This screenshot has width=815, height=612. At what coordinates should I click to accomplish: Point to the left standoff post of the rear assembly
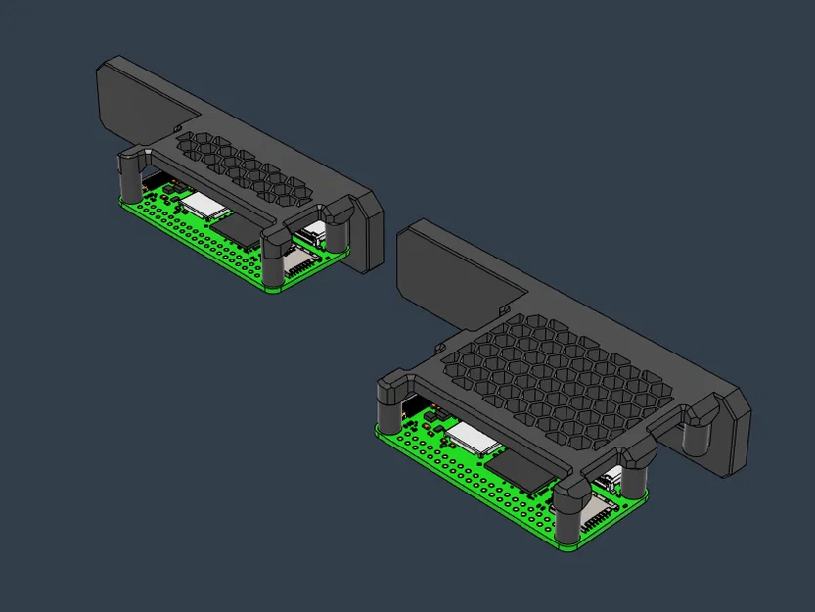point(130,176)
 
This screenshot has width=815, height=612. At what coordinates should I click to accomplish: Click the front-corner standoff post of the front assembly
point(568,509)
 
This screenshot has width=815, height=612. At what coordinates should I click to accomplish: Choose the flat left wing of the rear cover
point(137,98)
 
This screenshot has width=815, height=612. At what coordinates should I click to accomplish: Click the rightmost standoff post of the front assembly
point(699,430)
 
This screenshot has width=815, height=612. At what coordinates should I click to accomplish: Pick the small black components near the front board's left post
point(429,422)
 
